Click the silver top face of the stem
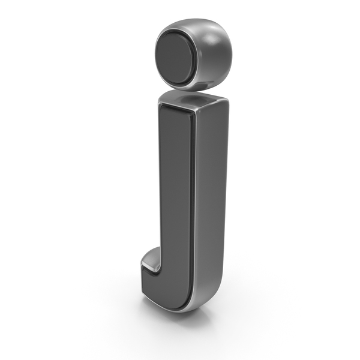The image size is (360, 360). (193, 99)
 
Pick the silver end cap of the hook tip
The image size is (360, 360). (150, 260)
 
